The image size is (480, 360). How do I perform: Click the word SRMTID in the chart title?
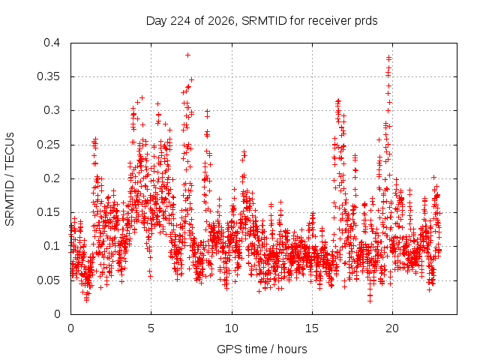[264, 21]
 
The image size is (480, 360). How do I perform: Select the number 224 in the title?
[180, 21]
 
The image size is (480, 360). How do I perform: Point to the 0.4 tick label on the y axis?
[52, 43]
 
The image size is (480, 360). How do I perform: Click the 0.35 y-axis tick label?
[48, 76]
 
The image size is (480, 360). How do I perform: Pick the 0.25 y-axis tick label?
[48, 145]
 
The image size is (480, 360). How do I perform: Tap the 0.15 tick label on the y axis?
[48, 212]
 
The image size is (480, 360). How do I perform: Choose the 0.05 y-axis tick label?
[48, 280]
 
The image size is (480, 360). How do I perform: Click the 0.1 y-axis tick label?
[52, 246]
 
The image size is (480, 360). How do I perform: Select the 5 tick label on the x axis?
[151, 328]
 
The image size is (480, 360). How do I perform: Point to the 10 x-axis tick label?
[232, 328]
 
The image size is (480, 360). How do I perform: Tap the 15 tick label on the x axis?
[312, 328]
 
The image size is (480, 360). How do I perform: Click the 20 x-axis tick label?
[392, 328]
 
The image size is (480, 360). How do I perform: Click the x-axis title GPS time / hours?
[262, 349]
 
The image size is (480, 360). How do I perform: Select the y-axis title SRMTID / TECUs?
[10, 179]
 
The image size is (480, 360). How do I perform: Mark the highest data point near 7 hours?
[188, 55]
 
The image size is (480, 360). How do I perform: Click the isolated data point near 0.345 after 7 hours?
[192, 79]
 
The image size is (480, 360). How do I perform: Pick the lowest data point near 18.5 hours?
[370, 301]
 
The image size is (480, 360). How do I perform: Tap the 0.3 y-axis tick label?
[52, 110]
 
